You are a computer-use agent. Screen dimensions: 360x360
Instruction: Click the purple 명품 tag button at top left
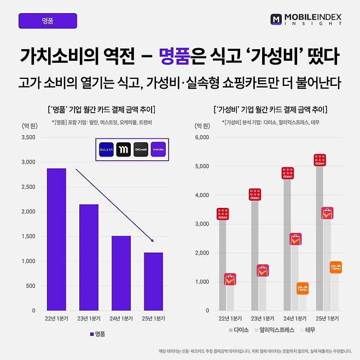(x=48, y=21)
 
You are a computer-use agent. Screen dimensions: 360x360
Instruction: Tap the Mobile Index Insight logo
(x=306, y=20)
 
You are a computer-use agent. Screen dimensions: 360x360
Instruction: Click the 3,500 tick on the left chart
(x=27, y=137)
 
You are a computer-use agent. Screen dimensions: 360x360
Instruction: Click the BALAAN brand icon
(x=106, y=150)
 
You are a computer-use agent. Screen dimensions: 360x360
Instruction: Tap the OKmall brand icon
(x=141, y=150)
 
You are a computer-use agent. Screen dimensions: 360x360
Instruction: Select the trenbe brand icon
(x=158, y=150)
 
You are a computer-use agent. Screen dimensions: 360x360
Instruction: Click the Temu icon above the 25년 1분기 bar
(x=336, y=267)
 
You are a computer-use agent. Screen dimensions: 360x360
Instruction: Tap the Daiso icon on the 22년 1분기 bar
(x=223, y=214)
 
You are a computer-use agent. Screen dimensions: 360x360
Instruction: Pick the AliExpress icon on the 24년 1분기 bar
(x=295, y=239)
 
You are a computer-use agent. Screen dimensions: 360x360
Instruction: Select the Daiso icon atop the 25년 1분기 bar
(x=320, y=160)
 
